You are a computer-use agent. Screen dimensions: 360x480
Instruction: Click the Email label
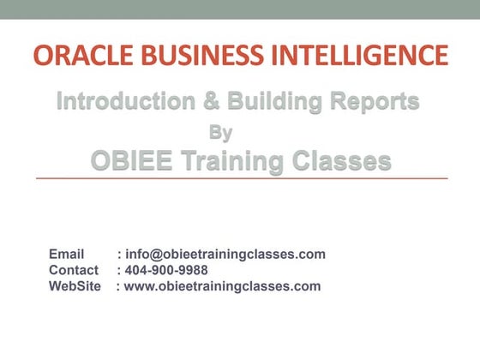(66, 255)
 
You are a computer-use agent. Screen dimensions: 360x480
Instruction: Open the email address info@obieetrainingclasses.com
(225, 255)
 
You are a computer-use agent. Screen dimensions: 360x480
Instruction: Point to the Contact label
(73, 270)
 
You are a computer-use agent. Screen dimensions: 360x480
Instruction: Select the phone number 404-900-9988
(166, 270)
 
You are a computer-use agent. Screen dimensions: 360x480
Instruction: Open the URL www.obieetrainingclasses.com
(222, 286)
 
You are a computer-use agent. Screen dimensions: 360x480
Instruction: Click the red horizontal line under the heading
(240, 178)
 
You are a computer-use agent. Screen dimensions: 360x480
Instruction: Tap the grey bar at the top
(240, 9)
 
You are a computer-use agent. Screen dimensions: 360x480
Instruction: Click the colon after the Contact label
(118, 271)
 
